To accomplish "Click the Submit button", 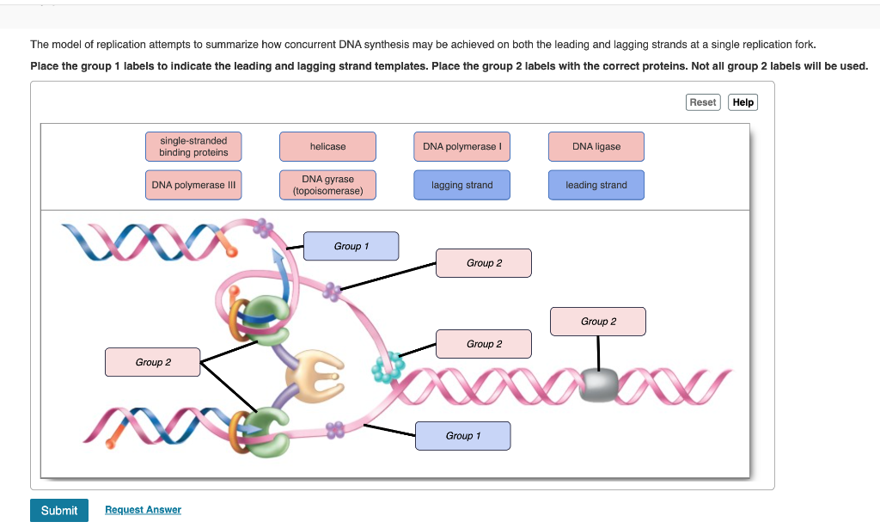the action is point(59,510).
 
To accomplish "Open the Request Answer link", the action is point(144,509).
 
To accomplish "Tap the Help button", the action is point(742,102).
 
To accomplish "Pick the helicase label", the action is point(327,146).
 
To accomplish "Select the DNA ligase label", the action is point(596,146).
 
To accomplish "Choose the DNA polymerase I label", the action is point(461,146).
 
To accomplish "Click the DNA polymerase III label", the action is point(193,185).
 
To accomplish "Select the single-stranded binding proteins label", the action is point(193,146).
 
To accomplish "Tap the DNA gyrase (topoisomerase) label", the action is point(327,185).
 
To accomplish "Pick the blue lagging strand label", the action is point(461,185).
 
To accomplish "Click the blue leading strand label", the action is point(596,185).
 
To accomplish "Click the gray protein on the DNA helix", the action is point(599,385).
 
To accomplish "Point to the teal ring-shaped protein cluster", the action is point(388,368).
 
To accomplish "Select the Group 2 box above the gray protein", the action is point(598,322).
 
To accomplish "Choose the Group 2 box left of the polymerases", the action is point(153,362).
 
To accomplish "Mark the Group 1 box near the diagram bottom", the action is point(463,436).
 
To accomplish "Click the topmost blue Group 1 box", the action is point(351,246).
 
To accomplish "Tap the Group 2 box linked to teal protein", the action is point(484,344).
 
